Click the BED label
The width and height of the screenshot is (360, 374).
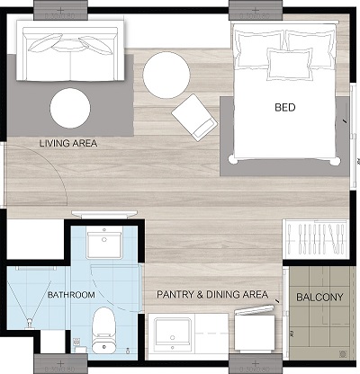(x=285, y=107)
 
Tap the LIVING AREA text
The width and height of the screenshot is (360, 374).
(x=68, y=143)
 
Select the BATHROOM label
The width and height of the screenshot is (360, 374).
(x=71, y=295)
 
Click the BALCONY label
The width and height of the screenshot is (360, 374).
(x=319, y=297)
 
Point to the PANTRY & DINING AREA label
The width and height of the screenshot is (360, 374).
(x=212, y=294)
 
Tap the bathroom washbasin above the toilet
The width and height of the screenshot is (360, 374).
(x=104, y=242)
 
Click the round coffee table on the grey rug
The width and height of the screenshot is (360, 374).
(x=70, y=108)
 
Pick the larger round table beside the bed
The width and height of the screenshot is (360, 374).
(x=166, y=75)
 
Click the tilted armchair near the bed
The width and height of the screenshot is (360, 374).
(x=194, y=118)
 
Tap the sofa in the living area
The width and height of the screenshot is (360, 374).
(x=70, y=51)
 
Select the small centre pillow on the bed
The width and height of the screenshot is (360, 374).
(x=290, y=64)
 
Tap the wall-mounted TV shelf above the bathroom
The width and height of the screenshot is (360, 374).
(x=104, y=214)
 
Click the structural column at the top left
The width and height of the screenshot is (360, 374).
(x=60, y=10)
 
